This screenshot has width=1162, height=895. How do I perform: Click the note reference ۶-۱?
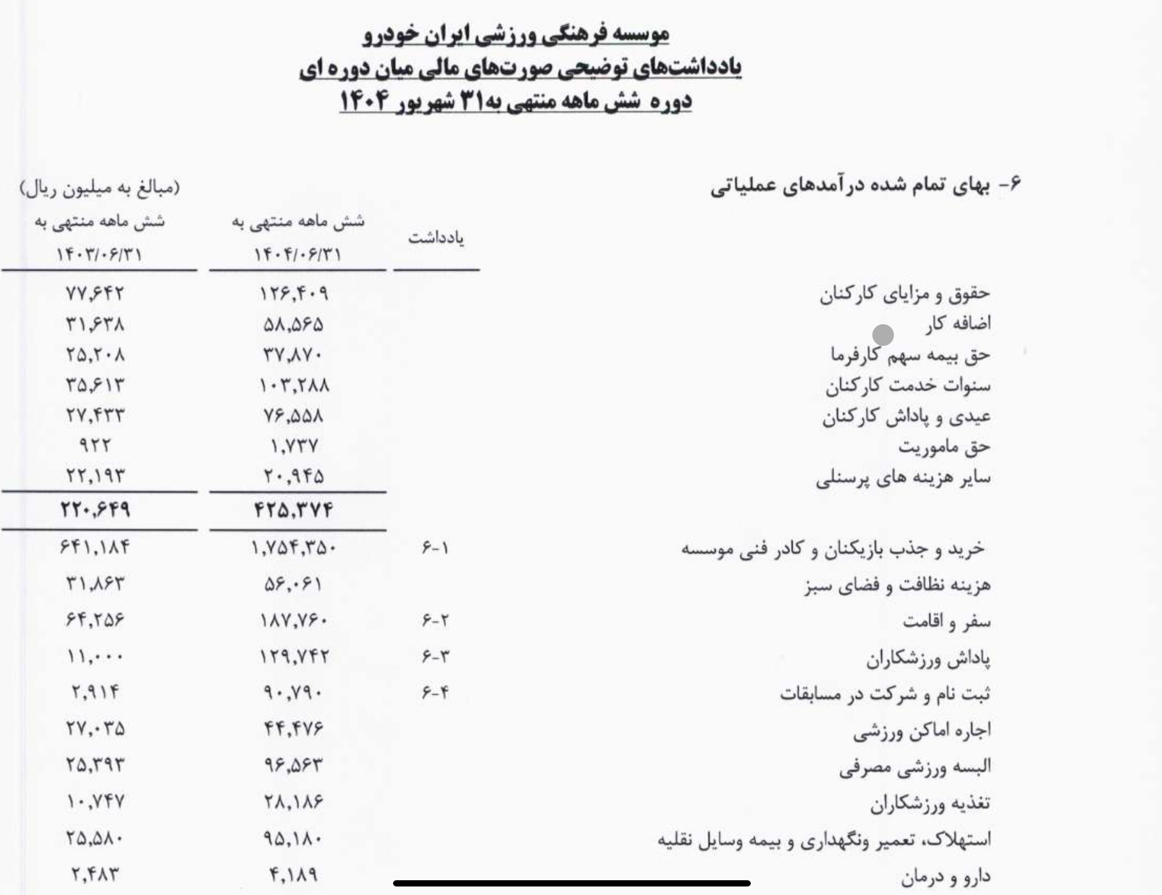click(x=435, y=549)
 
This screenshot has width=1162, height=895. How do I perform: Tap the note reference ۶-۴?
click(x=435, y=693)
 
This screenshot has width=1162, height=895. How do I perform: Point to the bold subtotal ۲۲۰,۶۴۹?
click(x=95, y=509)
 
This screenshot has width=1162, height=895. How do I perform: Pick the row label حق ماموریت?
click(x=944, y=447)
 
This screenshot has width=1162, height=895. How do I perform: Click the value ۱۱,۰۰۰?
click(x=95, y=658)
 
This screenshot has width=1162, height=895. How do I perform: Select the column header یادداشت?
click(x=436, y=239)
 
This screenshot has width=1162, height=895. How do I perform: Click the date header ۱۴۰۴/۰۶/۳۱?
click(x=298, y=254)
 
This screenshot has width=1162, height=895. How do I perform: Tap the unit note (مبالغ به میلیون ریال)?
click(x=100, y=188)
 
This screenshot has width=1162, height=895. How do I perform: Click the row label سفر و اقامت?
click(x=946, y=622)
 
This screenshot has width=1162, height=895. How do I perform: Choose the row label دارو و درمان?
click(x=945, y=877)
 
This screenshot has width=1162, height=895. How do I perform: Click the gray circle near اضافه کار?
click(x=883, y=335)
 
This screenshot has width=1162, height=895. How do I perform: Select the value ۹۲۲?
click(x=95, y=446)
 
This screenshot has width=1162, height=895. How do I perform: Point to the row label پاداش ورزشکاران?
click(x=928, y=659)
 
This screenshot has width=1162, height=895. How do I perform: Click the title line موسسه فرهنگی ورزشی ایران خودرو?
click(x=516, y=34)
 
